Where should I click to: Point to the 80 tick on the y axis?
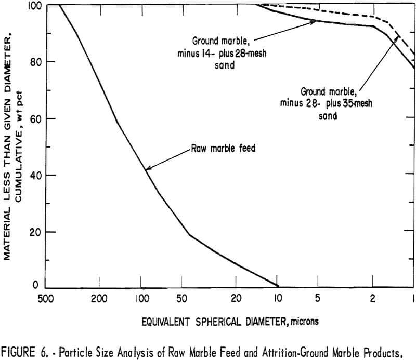point(37,62)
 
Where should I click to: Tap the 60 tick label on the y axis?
point(37,118)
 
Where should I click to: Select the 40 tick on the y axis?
point(37,175)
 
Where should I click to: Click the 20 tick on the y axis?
point(37,232)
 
